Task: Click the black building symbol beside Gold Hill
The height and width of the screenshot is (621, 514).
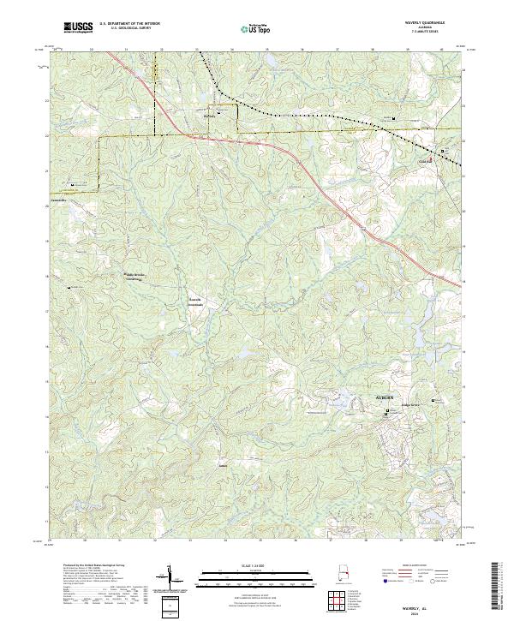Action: point(443,152)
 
